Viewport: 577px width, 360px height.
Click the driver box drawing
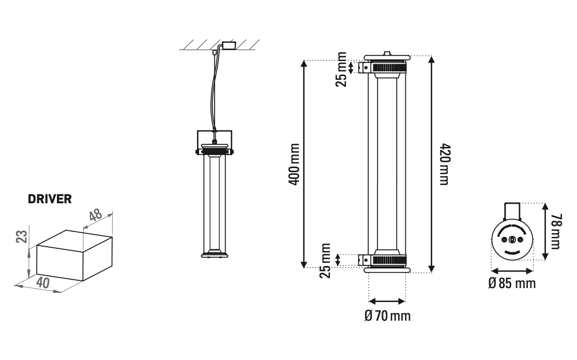tap(72, 256)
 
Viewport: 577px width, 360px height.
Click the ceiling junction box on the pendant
tap(227, 44)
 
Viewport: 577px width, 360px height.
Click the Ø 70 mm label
tap(388, 315)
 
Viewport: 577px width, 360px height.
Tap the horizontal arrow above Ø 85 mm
tap(511, 271)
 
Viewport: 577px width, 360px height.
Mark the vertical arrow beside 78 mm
tap(544, 232)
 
